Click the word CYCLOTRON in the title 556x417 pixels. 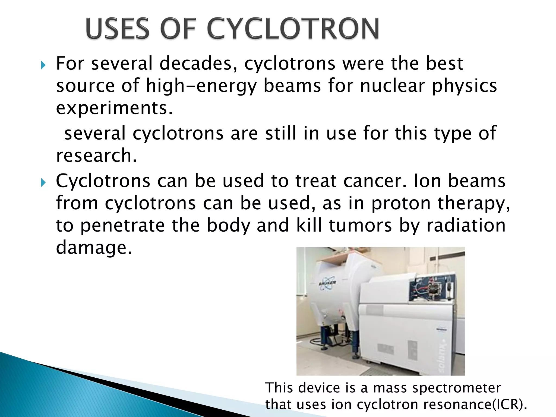point(293,29)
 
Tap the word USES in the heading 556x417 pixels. point(117,29)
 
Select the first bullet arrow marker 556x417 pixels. point(43,65)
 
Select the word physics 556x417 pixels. point(465,86)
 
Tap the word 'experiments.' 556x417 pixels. point(114,108)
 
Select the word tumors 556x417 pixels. point(360,226)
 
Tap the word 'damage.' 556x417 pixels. point(94,248)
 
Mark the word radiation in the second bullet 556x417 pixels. point(466,226)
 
